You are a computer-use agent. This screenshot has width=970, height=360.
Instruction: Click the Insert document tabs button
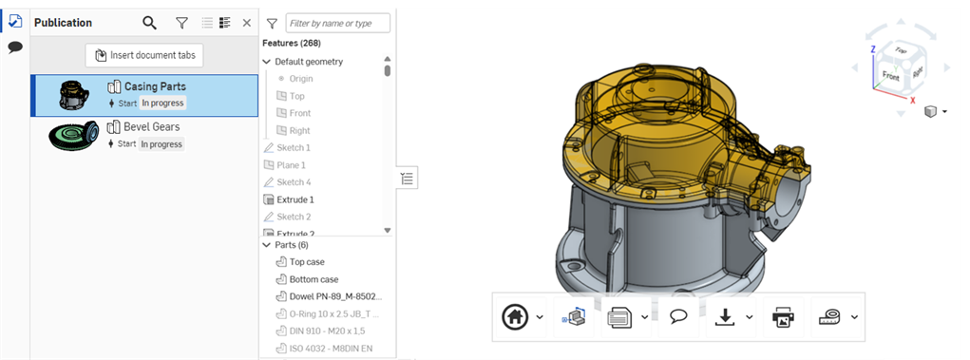coord(144,55)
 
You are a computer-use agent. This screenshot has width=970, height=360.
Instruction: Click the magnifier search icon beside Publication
coord(149,23)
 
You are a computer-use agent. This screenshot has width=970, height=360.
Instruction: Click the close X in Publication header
coord(247,23)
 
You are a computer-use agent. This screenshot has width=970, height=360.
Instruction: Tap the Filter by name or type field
coord(337,23)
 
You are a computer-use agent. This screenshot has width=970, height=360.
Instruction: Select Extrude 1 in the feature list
coord(295,199)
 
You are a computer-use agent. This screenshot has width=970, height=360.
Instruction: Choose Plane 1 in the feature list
coord(293,165)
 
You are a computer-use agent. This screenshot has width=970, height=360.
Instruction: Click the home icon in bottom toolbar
coord(516,317)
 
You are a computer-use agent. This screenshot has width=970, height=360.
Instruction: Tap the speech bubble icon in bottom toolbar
coord(678,317)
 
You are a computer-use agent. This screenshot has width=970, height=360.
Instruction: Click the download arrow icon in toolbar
coord(724,317)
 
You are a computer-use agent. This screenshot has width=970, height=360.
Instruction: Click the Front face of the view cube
coord(890,75)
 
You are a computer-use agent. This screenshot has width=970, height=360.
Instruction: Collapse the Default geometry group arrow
coord(267,62)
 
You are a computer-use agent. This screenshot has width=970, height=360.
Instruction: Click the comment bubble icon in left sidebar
coord(14,47)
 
